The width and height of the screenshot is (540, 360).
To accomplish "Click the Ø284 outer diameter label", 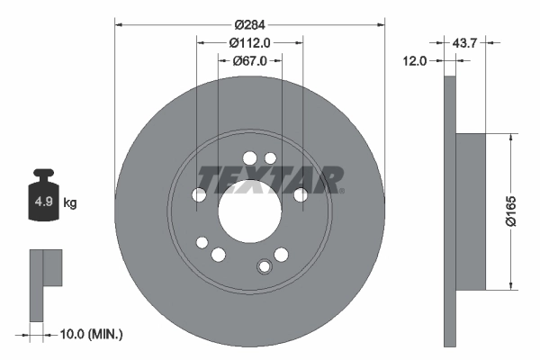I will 250,23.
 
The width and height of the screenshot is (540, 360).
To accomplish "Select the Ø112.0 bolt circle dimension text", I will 250,42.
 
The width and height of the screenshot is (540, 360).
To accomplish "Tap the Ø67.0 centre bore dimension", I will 250,61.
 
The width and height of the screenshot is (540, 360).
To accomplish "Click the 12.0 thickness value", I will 417,60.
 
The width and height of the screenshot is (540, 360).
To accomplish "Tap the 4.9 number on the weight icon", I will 42,202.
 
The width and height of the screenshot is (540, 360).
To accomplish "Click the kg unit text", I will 69,203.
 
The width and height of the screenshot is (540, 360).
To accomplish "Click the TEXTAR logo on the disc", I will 270,179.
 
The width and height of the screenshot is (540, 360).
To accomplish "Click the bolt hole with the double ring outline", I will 265,266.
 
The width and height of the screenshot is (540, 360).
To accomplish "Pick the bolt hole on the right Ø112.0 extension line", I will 301,195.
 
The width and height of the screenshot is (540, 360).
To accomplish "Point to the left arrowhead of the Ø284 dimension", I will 118,24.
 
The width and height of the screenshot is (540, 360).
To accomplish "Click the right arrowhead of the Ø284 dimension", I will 382,24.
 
